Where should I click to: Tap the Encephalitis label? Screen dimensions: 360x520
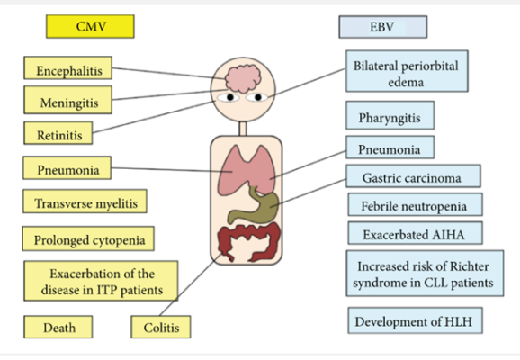pos(69,70)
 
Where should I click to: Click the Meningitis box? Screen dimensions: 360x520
pos(69,103)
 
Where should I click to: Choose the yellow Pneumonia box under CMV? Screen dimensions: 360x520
pos(69,168)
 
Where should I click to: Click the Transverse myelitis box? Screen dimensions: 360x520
pos(84,202)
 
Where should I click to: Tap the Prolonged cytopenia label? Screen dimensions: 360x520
pos(88,239)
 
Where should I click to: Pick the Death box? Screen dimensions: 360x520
pos(59,328)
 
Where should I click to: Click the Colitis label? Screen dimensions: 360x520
pos(162,328)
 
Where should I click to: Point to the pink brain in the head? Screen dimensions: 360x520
pos(240,75)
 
